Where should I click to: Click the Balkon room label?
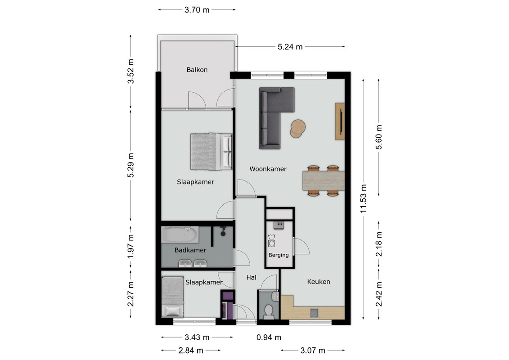[x=197, y=70]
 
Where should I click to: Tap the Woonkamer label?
[x=268, y=169]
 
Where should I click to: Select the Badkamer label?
[x=190, y=250]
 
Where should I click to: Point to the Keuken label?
[x=319, y=282]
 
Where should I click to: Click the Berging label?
[x=279, y=255]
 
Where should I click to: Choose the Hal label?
[x=251, y=278]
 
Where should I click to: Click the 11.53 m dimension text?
[x=363, y=198]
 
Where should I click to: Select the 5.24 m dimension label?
[x=290, y=47]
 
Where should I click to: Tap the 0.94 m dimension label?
[x=269, y=337]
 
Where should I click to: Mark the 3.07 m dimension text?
[x=313, y=350]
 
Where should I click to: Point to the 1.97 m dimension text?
[x=131, y=247]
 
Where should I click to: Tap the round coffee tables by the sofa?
[x=297, y=129]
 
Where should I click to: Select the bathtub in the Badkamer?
[x=180, y=235]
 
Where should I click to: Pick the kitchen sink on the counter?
[x=314, y=313]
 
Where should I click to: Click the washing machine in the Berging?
[x=272, y=243]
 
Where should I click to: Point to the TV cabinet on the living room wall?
[x=340, y=121]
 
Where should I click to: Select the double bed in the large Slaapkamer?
[x=212, y=152]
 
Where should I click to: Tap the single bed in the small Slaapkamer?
[x=173, y=297]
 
